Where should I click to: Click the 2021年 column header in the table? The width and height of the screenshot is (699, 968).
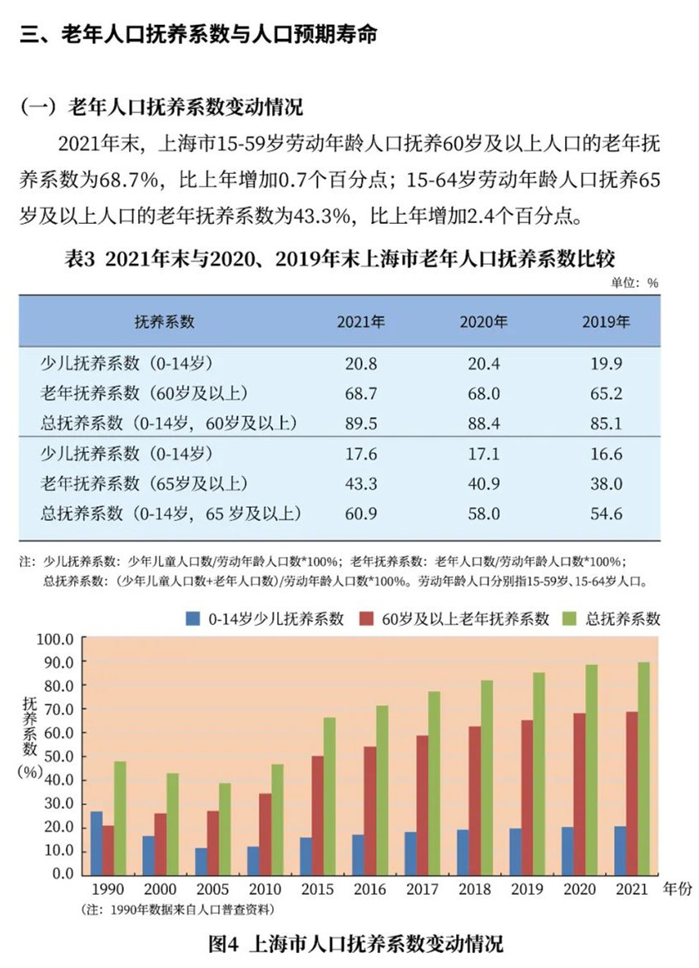click(x=360, y=322)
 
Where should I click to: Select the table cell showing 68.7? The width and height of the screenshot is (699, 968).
click(x=360, y=393)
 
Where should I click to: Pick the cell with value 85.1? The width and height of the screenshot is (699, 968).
click(x=605, y=424)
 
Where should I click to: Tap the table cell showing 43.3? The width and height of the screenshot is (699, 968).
click(x=360, y=484)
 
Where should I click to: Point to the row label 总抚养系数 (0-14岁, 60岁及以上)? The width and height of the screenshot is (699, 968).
click(x=169, y=424)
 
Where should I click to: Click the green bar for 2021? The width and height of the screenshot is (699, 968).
click(x=643, y=767)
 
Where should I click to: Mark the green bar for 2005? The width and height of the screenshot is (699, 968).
click(x=225, y=828)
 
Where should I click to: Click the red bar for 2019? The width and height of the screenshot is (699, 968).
click(x=528, y=797)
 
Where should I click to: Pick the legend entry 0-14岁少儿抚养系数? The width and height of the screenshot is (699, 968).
click(x=265, y=618)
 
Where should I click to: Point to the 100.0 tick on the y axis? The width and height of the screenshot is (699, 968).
click(x=59, y=638)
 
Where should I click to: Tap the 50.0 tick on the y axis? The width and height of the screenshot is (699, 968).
click(x=59, y=757)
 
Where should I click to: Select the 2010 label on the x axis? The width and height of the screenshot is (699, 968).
click(x=265, y=890)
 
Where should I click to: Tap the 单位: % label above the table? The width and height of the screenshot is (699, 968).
click(x=635, y=283)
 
